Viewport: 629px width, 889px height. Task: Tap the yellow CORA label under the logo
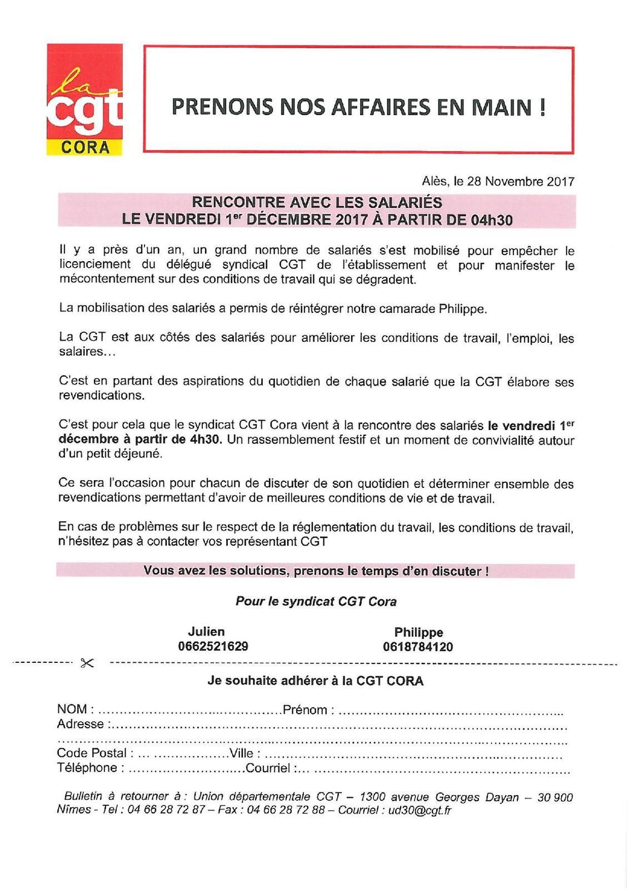[x=85, y=147]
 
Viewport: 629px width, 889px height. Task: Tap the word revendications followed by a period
[x=101, y=396]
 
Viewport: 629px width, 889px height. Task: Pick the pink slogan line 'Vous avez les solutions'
[x=316, y=571]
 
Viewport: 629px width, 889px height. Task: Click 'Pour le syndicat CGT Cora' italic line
[x=316, y=601]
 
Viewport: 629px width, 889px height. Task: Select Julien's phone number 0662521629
[x=213, y=646]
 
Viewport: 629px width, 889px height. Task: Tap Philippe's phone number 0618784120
[x=418, y=647]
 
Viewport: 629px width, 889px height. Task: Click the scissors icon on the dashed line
[x=87, y=663]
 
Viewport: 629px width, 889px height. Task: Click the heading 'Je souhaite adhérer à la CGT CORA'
[x=315, y=681]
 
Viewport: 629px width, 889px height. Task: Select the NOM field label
[x=72, y=709]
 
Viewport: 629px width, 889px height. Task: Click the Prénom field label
[x=304, y=710]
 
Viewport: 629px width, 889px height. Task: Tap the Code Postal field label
[x=92, y=753]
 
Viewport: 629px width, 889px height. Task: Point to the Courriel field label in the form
[x=268, y=768]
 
